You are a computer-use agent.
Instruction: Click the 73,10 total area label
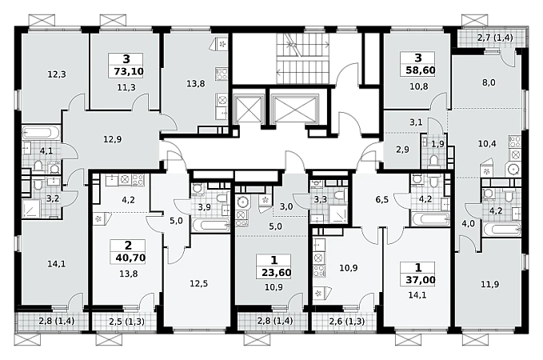click(x=129, y=72)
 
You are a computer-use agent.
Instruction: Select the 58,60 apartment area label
click(x=421, y=70)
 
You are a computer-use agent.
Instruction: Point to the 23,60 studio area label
click(x=276, y=272)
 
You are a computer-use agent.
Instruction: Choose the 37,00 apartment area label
click(x=421, y=280)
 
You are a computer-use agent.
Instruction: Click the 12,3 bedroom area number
click(x=57, y=74)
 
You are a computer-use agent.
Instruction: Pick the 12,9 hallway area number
click(x=113, y=139)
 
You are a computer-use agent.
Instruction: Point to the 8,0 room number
click(x=489, y=82)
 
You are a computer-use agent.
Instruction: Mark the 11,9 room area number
click(x=490, y=285)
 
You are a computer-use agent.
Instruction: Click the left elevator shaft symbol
click(x=248, y=109)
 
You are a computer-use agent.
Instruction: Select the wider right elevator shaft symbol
click(x=295, y=109)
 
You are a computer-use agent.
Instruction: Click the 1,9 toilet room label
click(x=437, y=144)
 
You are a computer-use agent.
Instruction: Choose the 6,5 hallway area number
click(x=381, y=199)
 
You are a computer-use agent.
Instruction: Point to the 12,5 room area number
click(x=199, y=284)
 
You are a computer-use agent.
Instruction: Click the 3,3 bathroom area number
click(x=321, y=199)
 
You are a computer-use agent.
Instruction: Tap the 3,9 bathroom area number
click(x=204, y=207)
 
